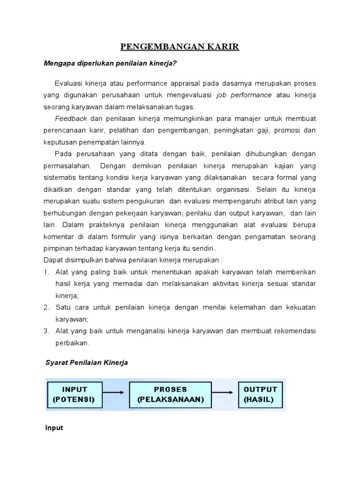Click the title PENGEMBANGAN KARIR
[180, 46]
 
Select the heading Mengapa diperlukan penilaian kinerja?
[111, 63]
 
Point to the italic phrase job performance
[244, 95]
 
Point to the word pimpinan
[60, 248]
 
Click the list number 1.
[46, 272]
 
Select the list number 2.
[46, 307]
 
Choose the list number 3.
[46, 331]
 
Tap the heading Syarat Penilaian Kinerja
[87, 363]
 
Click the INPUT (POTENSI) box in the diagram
[75, 395]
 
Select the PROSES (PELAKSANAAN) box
[170, 395]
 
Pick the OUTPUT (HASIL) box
[261, 395]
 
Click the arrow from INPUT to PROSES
[114, 393]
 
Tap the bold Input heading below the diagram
[54, 428]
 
